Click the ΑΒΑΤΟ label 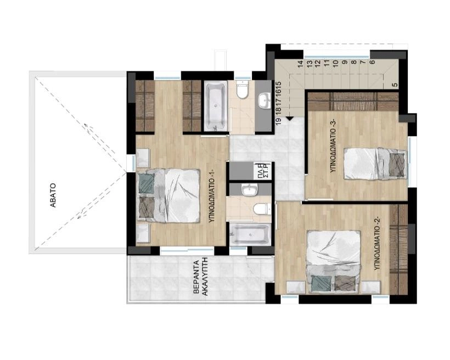(x=53, y=195)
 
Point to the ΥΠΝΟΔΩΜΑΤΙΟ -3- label (x=333, y=146)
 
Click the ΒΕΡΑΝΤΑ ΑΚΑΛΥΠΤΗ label (x=200, y=278)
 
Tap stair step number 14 (x=301, y=64)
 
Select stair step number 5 (x=395, y=85)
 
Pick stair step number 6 (x=372, y=62)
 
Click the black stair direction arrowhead (x=289, y=119)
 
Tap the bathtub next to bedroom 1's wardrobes (x=216, y=106)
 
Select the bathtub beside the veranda (x=250, y=234)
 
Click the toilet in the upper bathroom (x=242, y=89)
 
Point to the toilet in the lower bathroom (x=262, y=209)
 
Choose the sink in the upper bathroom (x=264, y=101)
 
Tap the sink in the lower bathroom (x=249, y=190)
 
